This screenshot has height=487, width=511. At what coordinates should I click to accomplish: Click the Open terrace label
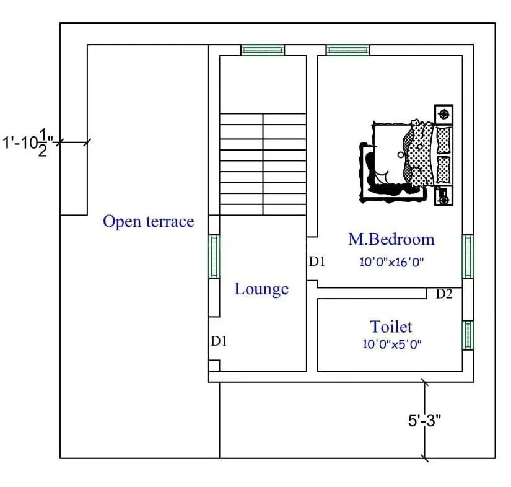(148, 221)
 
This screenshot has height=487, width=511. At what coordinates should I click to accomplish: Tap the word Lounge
(261, 289)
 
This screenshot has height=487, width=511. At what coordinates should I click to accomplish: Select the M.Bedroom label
(391, 239)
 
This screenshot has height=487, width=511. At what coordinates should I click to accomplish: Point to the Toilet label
(391, 327)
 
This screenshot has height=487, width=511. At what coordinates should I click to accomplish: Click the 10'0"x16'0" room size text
(391, 262)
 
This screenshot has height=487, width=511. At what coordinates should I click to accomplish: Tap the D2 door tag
(444, 294)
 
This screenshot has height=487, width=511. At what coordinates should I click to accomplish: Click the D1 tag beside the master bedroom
(317, 261)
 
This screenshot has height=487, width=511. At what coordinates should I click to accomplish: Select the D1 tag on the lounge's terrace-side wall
(219, 341)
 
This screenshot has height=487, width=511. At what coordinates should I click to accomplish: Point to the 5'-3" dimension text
(424, 420)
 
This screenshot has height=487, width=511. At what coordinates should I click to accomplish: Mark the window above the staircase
(263, 50)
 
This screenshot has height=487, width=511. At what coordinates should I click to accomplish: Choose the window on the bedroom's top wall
(347, 50)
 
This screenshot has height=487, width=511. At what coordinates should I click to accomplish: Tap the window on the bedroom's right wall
(468, 257)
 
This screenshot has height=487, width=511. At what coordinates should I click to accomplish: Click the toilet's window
(468, 335)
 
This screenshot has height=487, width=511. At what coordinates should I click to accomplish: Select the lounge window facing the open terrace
(214, 257)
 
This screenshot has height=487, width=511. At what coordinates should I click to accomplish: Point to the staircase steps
(263, 164)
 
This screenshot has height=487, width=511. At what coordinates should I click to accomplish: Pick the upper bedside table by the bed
(443, 114)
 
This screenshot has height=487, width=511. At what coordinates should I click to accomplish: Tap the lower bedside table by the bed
(443, 196)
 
